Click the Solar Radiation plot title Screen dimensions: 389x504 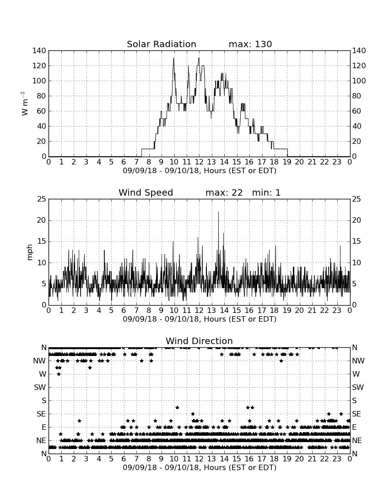(x=162, y=44)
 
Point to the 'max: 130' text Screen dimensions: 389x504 (x=250, y=44)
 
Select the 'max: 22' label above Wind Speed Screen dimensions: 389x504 (x=224, y=192)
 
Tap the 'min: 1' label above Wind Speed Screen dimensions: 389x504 (x=266, y=192)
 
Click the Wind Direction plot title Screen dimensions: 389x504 (x=199, y=341)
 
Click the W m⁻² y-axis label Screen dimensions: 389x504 (x=25, y=104)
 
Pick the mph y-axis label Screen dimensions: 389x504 (x=30, y=252)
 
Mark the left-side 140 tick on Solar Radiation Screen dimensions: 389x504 (x=39, y=50)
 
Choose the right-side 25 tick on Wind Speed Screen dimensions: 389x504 (x=357, y=199)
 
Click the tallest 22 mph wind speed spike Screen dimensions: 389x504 (x=219, y=212)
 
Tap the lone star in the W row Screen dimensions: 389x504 (x=59, y=374)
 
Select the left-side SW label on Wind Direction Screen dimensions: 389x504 (x=40, y=387)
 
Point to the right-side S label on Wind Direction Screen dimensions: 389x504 (x=354, y=400)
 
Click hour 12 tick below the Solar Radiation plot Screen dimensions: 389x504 (x=199, y=162)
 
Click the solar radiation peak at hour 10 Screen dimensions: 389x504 (x=173, y=58)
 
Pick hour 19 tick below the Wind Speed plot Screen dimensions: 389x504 (x=287, y=310)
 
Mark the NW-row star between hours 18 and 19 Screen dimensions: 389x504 (x=281, y=361)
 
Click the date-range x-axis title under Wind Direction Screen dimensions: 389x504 (x=200, y=467)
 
